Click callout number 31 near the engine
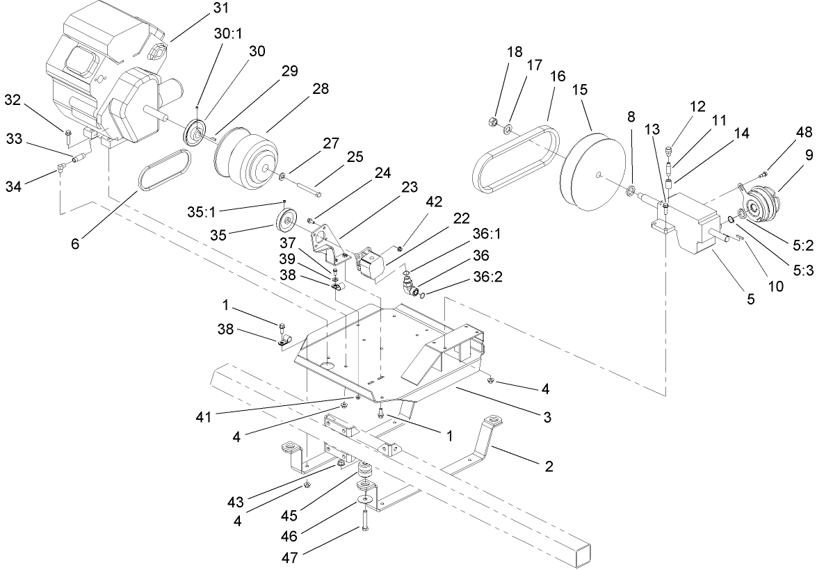tap(220, 8)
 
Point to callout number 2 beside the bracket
tap(549, 466)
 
